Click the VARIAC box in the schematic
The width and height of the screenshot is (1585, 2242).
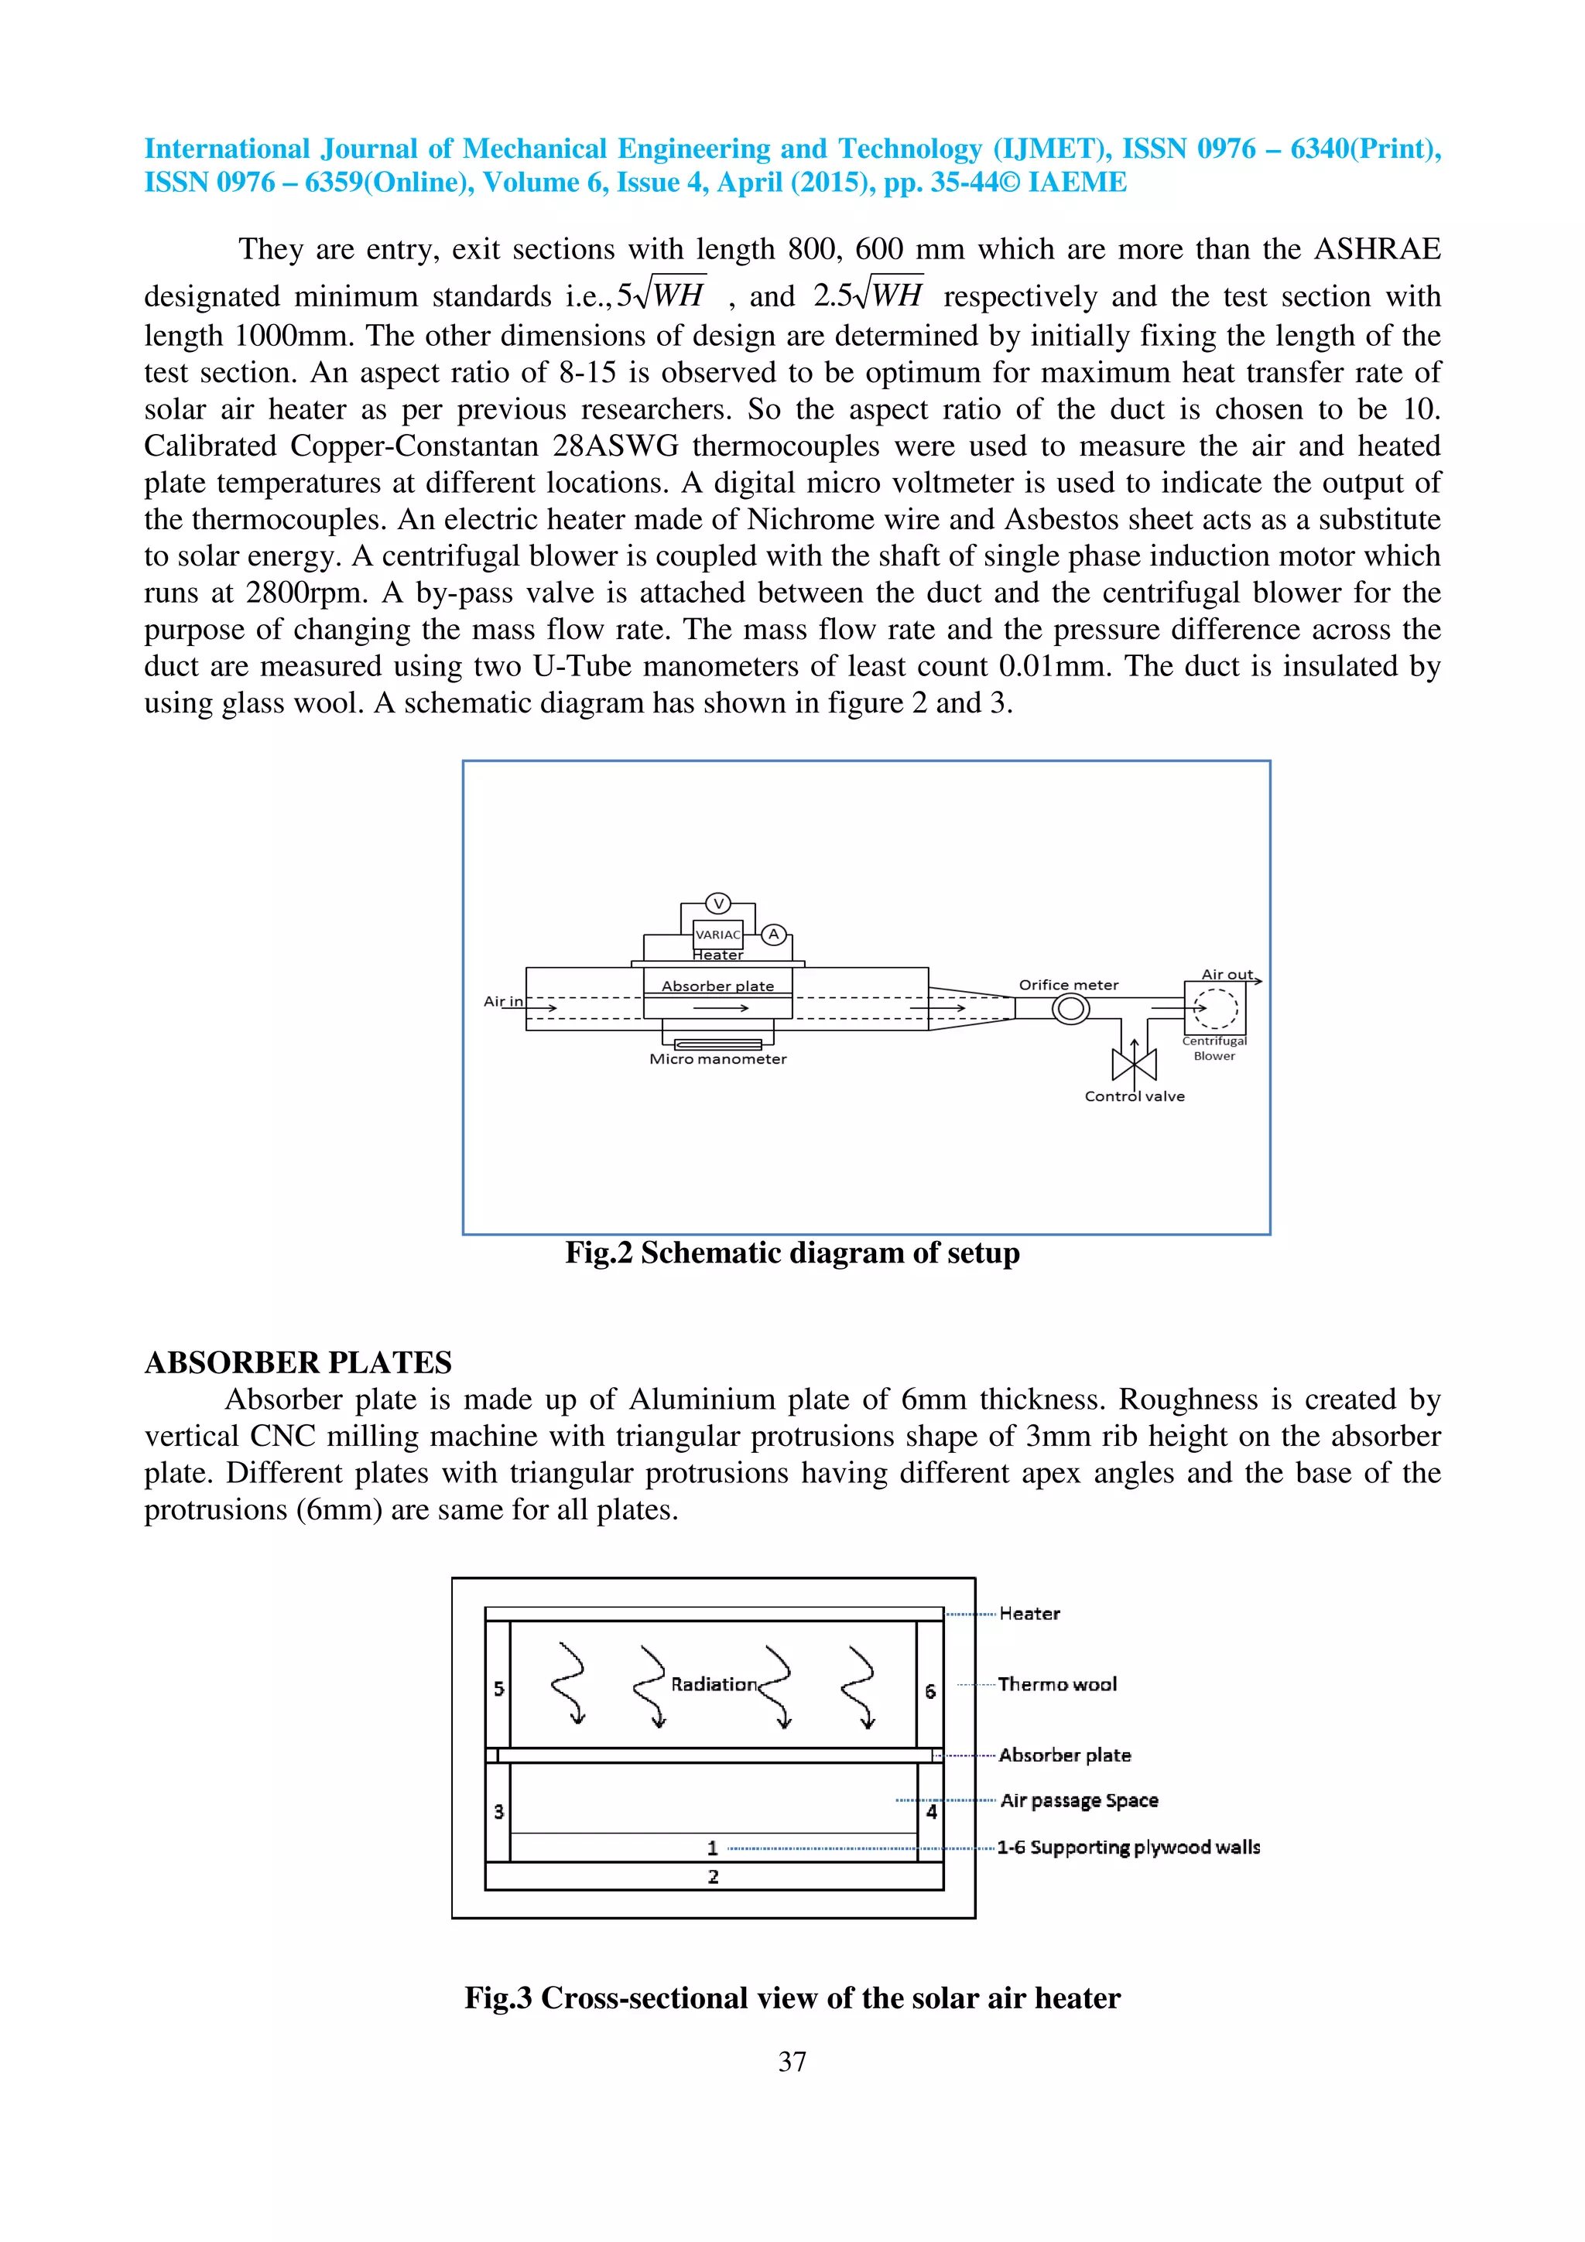(x=717, y=935)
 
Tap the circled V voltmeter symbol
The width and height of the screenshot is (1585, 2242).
(x=717, y=904)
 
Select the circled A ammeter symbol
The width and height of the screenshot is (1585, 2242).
(x=773, y=935)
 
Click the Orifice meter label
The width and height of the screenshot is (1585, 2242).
(x=1068, y=986)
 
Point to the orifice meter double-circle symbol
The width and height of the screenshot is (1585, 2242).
(x=1070, y=1009)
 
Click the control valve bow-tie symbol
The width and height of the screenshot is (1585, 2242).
(x=1134, y=1065)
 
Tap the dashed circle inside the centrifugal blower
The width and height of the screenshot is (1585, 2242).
(x=1216, y=1009)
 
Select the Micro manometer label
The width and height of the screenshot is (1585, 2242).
(x=717, y=1059)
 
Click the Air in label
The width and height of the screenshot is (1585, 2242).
(x=503, y=1001)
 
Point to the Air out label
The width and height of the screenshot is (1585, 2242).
(x=1227, y=975)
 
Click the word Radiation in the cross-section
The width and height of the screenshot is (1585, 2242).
(x=714, y=1684)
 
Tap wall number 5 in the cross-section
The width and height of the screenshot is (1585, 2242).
(x=499, y=1688)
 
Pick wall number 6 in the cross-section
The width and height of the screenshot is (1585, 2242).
(x=929, y=1690)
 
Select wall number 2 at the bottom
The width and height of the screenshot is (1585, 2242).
(x=714, y=1877)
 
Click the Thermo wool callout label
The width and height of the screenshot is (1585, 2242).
(x=1056, y=1684)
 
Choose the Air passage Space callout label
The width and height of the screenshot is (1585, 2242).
(x=1079, y=1800)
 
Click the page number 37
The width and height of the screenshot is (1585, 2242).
(x=792, y=2061)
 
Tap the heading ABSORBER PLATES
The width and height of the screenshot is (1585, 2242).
(x=298, y=1362)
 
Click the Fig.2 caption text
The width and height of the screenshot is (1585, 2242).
(x=792, y=1253)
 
